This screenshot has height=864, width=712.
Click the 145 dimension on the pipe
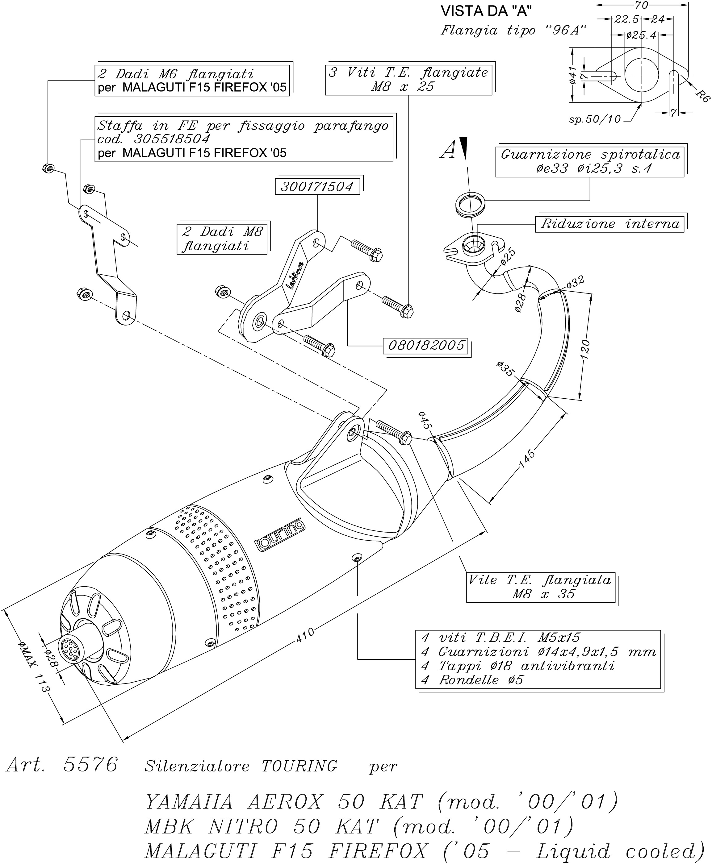(527, 458)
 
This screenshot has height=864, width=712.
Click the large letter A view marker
(448, 150)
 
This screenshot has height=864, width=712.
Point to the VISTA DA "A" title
(486, 11)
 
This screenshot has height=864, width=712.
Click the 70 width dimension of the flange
(641, 5)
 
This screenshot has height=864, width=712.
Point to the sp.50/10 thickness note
(595, 119)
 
